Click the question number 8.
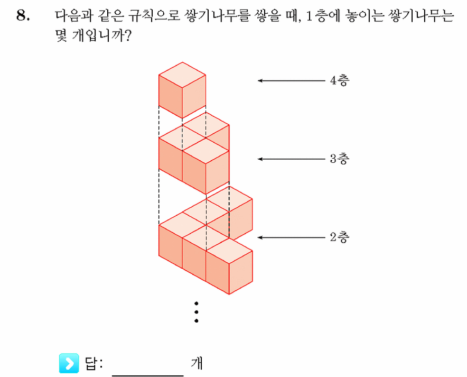(x=23, y=15)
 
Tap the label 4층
(x=340, y=80)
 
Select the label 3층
(x=340, y=159)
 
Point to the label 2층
(x=340, y=237)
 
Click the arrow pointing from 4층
(x=292, y=80)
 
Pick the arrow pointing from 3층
(x=292, y=159)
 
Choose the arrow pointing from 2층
(x=292, y=237)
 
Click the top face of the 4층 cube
(x=182, y=75)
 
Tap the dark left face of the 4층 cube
(x=170, y=96)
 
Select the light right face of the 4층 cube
(x=194, y=96)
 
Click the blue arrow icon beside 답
(x=69, y=363)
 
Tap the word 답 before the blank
(x=91, y=363)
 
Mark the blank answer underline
(x=148, y=375)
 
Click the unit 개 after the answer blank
(x=197, y=363)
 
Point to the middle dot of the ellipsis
(x=197, y=312)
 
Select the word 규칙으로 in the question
(x=154, y=15)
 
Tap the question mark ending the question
(x=127, y=36)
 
